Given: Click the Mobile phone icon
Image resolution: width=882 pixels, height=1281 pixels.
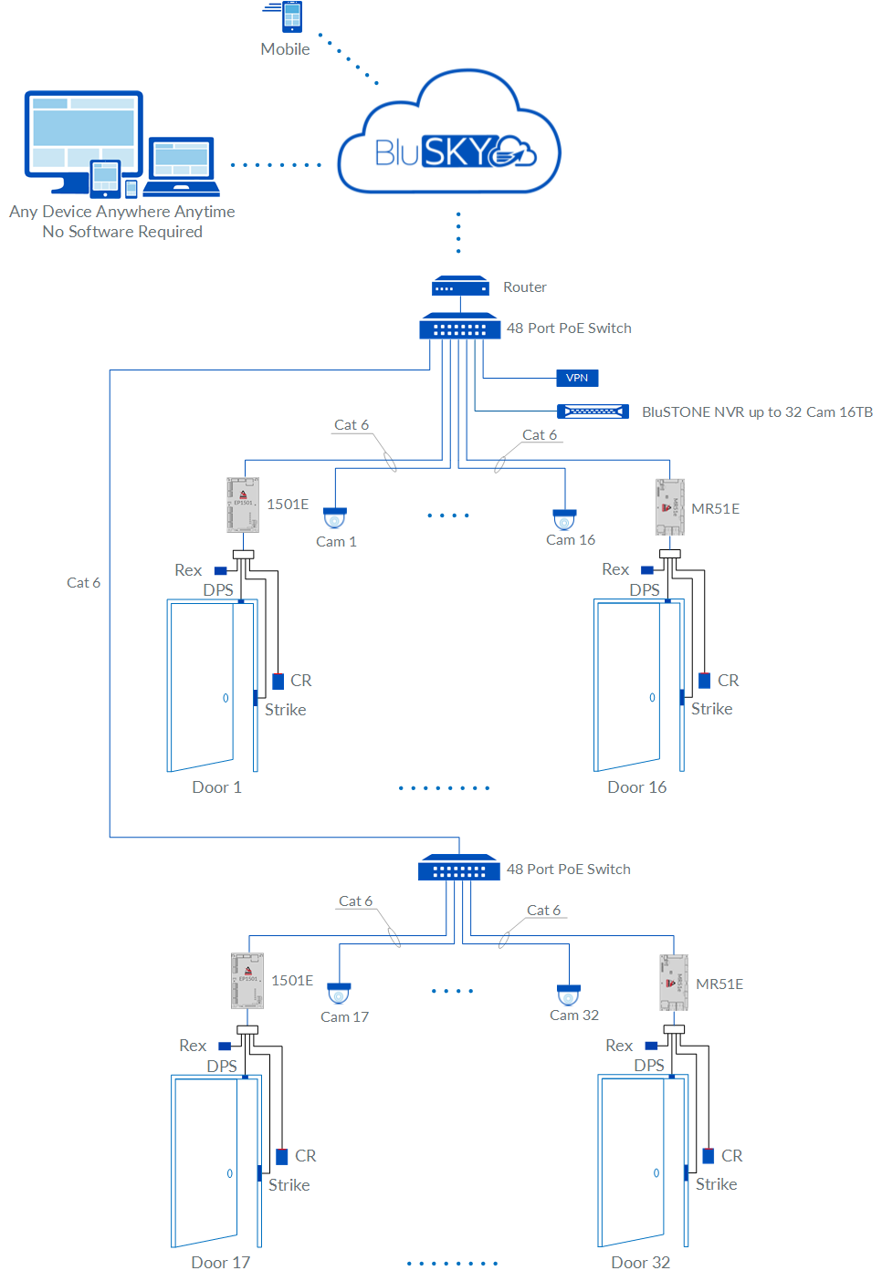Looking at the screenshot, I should coord(291,17).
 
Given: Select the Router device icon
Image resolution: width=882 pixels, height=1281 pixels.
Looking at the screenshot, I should coord(460,286).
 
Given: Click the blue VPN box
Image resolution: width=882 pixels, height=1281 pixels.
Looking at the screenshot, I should coord(577,378).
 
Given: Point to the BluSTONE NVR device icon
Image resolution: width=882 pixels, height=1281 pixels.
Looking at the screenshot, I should coord(593,411).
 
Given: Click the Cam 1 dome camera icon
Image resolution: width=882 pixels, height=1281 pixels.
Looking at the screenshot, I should coord(335,517).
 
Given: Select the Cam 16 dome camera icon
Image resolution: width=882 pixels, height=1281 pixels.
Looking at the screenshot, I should coord(564,518).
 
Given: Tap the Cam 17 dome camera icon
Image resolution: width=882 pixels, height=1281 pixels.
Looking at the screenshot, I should coord(339,993).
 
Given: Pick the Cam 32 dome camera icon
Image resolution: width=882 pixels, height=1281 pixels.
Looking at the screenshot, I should coord(569,994).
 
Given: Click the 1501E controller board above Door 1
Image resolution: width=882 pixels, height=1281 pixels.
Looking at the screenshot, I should coord(243,505).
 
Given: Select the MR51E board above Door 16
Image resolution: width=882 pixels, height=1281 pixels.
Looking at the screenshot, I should coord(670,507).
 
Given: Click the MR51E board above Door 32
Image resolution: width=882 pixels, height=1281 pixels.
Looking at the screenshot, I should coord(674,983).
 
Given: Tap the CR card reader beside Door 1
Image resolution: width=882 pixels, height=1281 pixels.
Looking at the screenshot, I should coord(278,681).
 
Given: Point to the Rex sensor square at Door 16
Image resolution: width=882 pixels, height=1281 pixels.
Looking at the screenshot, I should coord(647,570).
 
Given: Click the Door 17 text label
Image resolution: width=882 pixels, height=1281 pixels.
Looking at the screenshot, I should coord(220,1263).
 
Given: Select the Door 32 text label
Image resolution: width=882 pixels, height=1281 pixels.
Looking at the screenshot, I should coord(640,1263).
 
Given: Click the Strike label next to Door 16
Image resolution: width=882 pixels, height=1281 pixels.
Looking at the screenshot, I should coord(711,709).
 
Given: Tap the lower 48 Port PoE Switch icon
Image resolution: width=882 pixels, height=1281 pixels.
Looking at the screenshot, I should coord(459,868).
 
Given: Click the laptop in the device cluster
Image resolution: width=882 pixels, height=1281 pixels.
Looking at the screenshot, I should coord(182,167).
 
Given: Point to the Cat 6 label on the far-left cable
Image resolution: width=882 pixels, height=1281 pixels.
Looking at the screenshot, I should coord(83,583).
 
